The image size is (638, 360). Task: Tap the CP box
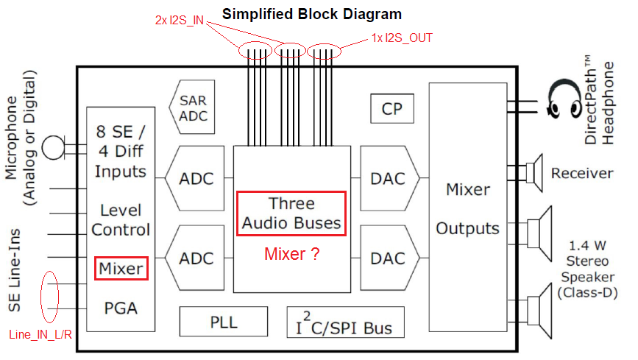coord(391,109)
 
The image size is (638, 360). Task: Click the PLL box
coord(222,322)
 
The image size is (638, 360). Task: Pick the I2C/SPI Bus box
coord(345,322)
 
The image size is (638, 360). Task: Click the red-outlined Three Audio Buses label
coord(291,213)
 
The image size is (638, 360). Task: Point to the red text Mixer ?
coord(291,255)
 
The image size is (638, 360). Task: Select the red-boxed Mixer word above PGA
coord(121,268)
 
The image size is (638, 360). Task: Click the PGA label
coord(121,307)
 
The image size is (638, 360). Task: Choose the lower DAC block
coord(388,258)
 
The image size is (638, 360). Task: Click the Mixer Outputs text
coord(468,209)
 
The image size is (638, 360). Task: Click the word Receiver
coord(582,174)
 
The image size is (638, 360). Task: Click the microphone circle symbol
coord(52,148)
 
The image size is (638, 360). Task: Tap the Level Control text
coord(121,219)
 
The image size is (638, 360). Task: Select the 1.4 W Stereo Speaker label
coord(587,267)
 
